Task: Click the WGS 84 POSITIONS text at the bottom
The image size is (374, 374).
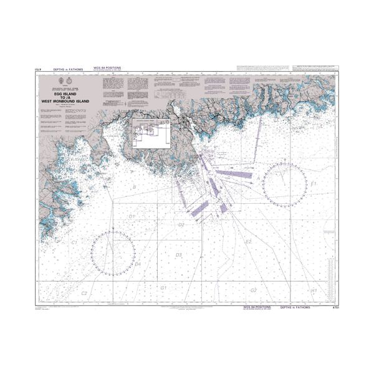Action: coord(256,307)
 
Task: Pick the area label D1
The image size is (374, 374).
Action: coord(132,216)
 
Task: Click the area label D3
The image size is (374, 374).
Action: coord(178,255)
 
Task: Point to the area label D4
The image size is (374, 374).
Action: coord(138,264)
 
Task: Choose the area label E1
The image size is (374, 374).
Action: coord(314,185)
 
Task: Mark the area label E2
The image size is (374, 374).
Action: coord(247,241)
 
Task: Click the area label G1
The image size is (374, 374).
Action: coord(163,288)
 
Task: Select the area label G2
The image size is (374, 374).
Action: coord(253,290)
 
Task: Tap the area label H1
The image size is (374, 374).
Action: coord(314,290)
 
